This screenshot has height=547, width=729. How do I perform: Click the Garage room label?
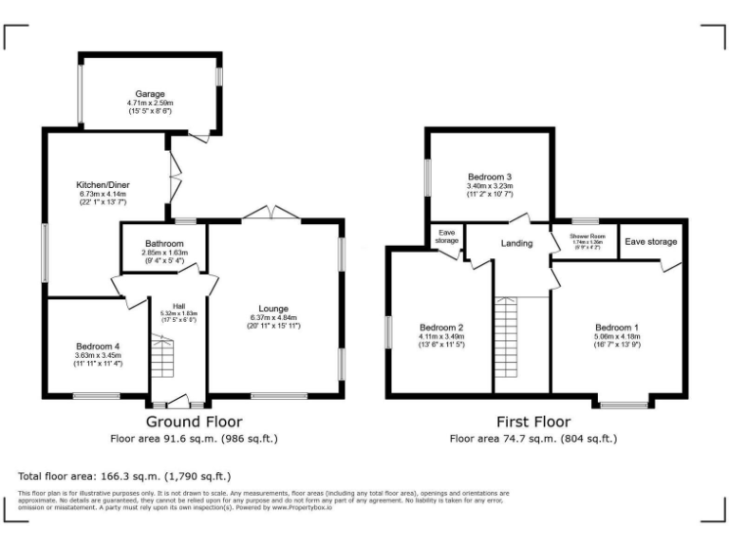click(x=149, y=94)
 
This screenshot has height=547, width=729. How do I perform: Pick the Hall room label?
click(x=178, y=305)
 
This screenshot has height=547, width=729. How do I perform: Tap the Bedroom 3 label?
click(x=489, y=177)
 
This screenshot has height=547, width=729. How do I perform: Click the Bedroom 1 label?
click(x=618, y=326)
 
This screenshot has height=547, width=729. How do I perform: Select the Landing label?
click(x=517, y=244)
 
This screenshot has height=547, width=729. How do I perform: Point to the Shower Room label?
click(x=587, y=236)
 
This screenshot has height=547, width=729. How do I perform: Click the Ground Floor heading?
click(x=194, y=421)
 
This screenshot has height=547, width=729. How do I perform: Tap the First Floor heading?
click(x=533, y=421)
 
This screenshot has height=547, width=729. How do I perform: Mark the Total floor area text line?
click(x=124, y=476)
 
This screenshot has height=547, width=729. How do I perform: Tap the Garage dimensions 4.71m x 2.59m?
click(x=149, y=104)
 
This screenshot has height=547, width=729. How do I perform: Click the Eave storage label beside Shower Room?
click(x=649, y=241)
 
